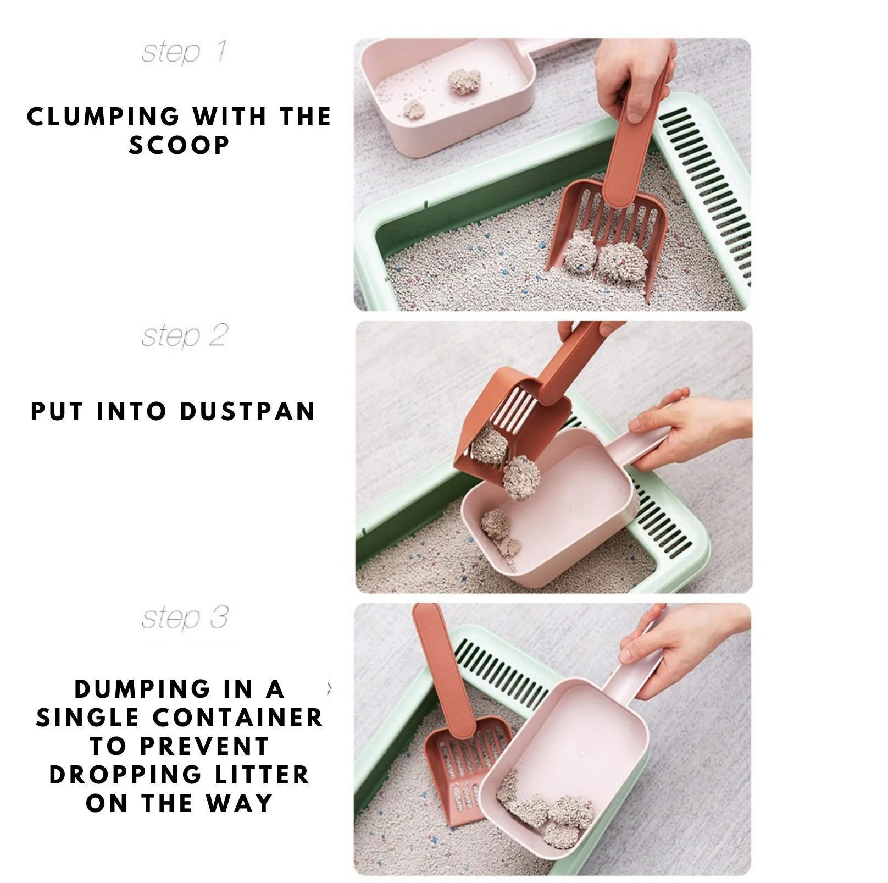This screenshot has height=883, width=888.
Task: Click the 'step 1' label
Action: pos(184,53)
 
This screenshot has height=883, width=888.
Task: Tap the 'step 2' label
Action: pos(184,335)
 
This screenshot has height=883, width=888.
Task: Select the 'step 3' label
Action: pos(184,618)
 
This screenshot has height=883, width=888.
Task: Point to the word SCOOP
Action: pos(179,145)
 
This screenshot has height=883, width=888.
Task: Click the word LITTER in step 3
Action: pos(267,775)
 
